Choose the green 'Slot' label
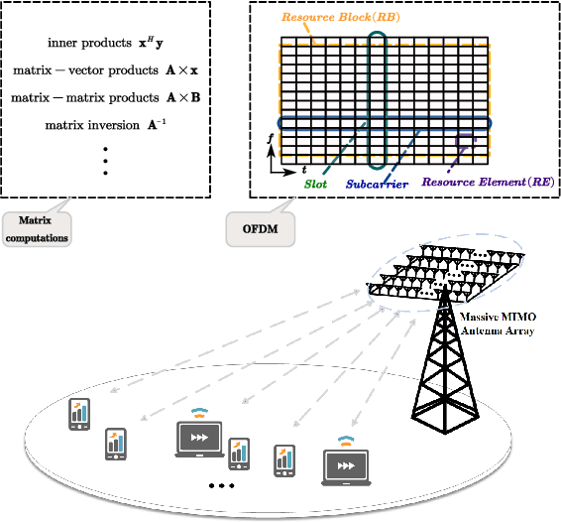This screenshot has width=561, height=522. (x=316, y=183)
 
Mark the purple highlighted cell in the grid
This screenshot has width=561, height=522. (x=460, y=141)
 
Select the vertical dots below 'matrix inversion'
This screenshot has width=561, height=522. (x=105, y=160)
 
